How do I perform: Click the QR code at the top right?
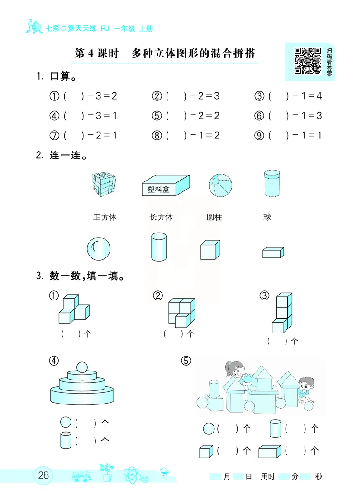[x=308, y=61]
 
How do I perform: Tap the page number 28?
[x=44, y=475]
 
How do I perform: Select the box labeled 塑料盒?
[x=165, y=185]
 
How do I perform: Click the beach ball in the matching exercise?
[x=221, y=186]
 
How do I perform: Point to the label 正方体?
[x=105, y=217]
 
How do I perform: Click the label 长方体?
[x=161, y=217]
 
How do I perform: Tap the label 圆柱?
[x=214, y=217]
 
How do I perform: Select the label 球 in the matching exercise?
[x=267, y=217]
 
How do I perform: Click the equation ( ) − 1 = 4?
[x=294, y=96]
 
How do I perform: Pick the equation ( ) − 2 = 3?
[x=192, y=96]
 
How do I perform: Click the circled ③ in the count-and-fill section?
[x=264, y=296]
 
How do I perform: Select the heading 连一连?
[x=67, y=156]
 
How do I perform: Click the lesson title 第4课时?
[x=96, y=54]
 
